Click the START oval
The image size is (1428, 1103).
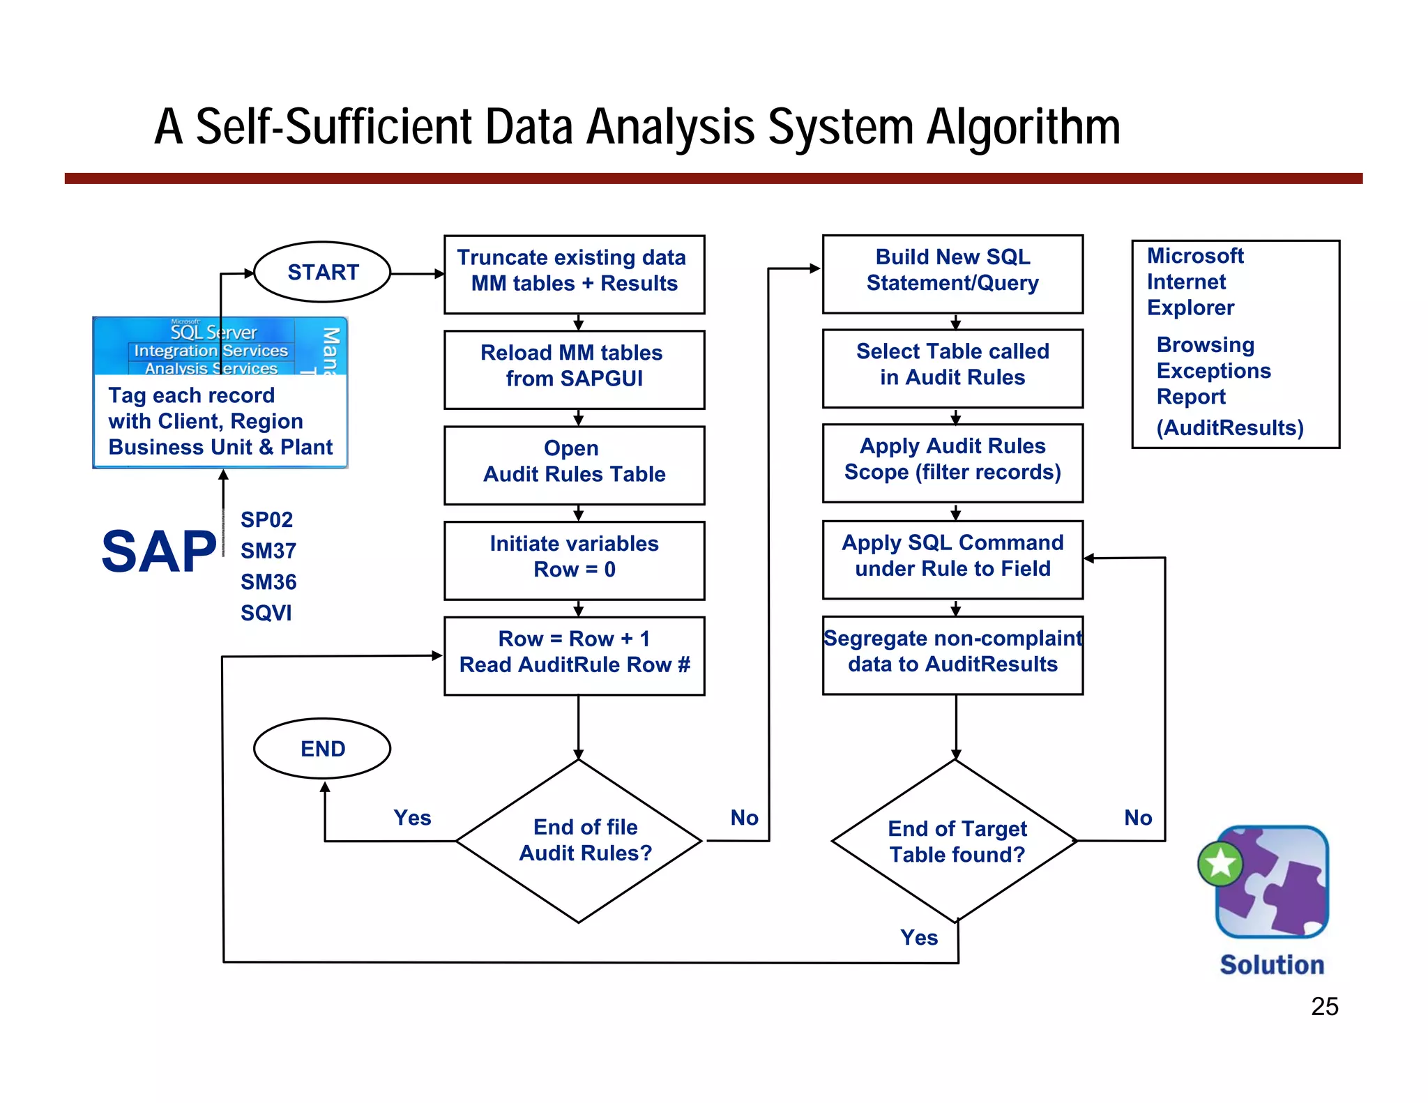click(x=322, y=272)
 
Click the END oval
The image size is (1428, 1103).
click(x=322, y=748)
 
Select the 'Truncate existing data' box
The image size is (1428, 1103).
click(x=574, y=274)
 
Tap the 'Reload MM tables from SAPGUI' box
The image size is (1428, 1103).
click(x=574, y=369)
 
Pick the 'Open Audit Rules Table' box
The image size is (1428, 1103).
click(x=574, y=464)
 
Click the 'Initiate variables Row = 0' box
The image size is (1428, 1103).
click(x=574, y=560)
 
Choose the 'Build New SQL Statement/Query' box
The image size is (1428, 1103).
click(x=952, y=273)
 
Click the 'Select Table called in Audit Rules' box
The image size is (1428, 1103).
click(x=952, y=367)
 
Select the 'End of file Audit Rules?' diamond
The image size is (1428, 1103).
click(x=579, y=840)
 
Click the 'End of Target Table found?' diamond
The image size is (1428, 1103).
click(x=956, y=841)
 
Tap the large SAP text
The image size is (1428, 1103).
click(x=159, y=551)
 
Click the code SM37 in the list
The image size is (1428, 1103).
click(x=268, y=551)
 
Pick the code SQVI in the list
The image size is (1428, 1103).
click(x=266, y=613)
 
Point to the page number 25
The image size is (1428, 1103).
click(x=1324, y=1006)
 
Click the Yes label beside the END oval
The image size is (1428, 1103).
click(x=412, y=817)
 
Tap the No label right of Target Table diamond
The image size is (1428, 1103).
click(x=1138, y=817)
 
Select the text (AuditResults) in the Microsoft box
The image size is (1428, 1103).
click(x=1230, y=427)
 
